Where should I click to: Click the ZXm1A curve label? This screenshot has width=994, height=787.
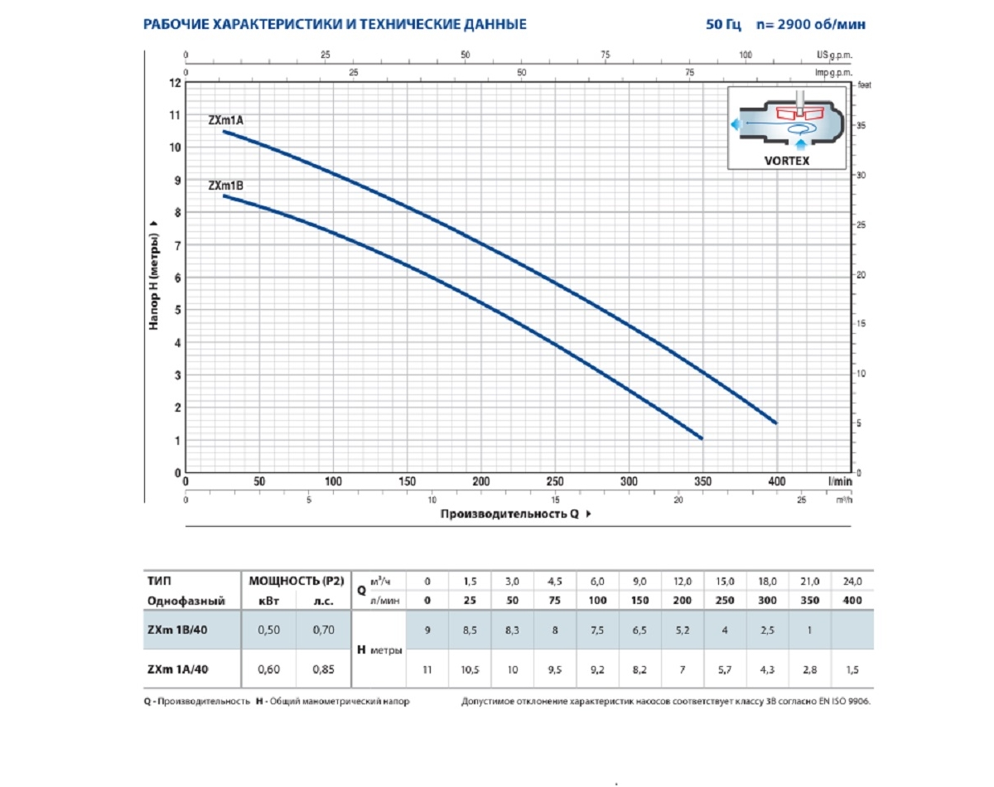point(225,121)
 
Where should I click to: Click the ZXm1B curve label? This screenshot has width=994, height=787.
point(225,186)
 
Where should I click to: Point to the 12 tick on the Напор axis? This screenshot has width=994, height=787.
point(175,83)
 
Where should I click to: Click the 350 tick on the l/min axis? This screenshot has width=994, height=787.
point(703,481)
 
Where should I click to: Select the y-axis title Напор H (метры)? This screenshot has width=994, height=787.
point(154,276)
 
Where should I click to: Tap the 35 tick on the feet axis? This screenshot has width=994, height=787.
point(861,126)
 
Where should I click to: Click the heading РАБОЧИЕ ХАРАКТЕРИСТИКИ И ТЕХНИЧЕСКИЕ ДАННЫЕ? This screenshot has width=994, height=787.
point(335,25)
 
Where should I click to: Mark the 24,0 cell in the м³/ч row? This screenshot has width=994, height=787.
point(852,582)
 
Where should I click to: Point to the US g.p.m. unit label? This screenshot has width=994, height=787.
point(834,54)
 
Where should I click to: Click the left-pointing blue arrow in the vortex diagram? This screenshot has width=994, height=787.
point(735,124)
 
